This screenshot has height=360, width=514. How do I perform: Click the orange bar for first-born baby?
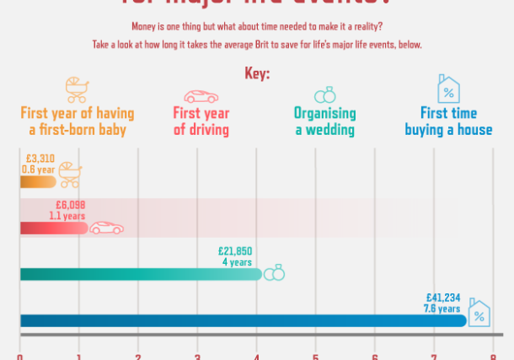[37, 181]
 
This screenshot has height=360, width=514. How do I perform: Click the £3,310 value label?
[40, 158]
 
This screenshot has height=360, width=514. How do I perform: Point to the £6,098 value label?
[71, 205]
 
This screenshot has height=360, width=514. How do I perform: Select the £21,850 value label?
[235, 251]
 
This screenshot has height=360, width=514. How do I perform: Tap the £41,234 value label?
[443, 298]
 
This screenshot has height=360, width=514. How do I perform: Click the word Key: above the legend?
[257, 74]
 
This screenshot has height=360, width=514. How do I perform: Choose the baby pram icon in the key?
[76, 89]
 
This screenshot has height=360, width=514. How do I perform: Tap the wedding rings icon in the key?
[324, 95]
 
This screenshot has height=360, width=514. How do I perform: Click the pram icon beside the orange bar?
[69, 175]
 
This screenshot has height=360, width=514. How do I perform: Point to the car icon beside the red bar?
[106, 228]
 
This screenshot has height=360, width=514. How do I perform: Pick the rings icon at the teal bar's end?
[274, 273]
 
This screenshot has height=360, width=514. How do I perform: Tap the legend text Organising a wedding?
[324, 122]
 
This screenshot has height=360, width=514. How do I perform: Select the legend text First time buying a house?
[447, 122]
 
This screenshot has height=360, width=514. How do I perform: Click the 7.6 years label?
[442, 309]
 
